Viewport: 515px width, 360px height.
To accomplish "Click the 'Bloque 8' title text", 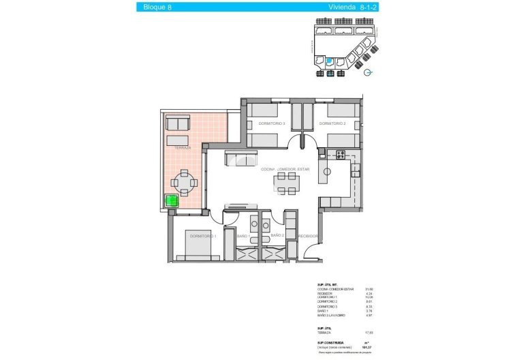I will point(158,7).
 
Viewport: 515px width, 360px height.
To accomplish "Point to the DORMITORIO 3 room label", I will point(271,123).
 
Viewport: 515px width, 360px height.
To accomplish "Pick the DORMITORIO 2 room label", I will point(332,123).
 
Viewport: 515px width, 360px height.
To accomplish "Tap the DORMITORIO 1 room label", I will point(203,236).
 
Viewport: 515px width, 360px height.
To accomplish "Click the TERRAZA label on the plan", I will point(182,148).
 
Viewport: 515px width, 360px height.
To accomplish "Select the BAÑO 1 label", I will point(244,236).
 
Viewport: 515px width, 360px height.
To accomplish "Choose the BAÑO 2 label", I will point(277,235).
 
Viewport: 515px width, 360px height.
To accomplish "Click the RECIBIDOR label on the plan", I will point(309,236).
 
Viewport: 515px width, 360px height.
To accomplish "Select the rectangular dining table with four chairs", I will point(287,183).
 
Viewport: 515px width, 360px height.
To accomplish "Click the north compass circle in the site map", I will point(369,73).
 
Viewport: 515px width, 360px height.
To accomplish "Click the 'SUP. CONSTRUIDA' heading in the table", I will point(330,343).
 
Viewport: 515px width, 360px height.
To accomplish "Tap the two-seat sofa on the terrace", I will point(178,123).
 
